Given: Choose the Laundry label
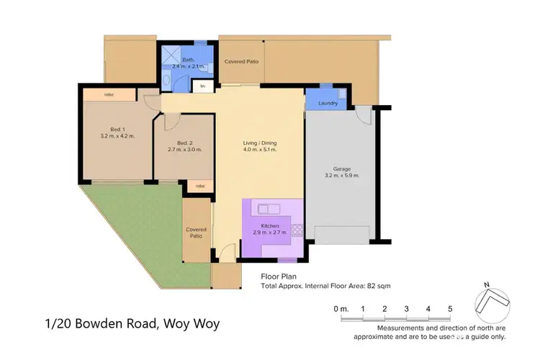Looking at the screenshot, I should (328, 103).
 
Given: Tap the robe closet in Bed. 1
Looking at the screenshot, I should (109, 94).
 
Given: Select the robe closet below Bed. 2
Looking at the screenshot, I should (199, 186).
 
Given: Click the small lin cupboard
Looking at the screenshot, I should (202, 86).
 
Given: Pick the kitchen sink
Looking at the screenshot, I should (269, 209).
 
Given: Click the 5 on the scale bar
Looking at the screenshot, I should (450, 308).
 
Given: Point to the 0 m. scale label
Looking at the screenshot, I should (341, 308).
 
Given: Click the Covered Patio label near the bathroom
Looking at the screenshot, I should (242, 61).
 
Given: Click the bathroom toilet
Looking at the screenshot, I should (166, 81).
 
